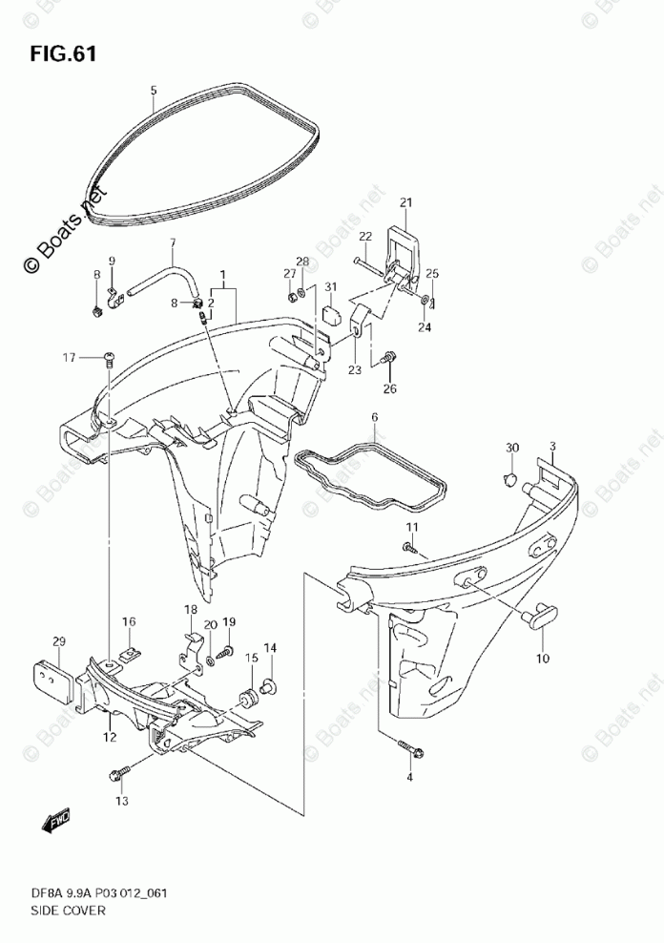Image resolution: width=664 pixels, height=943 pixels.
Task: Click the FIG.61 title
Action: tap(62, 54)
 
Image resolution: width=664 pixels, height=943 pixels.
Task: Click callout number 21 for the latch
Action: tap(405, 202)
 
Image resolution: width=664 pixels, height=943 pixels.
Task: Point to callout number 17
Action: tap(69, 358)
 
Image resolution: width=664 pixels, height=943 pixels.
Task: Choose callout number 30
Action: tap(513, 449)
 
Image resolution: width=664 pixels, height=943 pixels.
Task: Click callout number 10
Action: tap(542, 659)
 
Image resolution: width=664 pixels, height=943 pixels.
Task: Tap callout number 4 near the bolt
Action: tap(412, 779)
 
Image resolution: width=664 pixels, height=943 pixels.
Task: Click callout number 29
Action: tap(59, 640)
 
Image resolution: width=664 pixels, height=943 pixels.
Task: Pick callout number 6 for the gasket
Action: tap(375, 418)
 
